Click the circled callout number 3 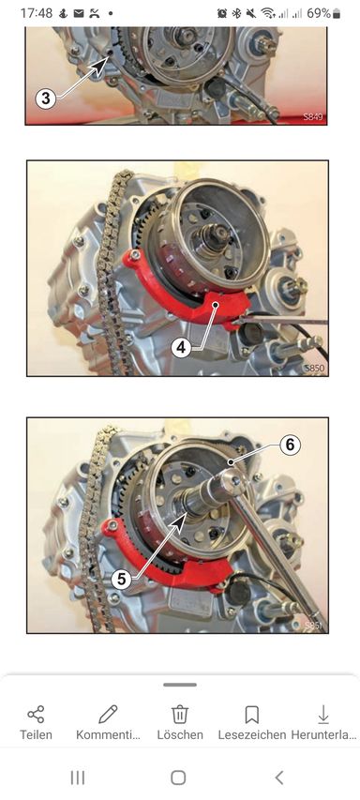[46, 98]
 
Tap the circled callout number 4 [181, 348]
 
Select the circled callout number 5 [121, 579]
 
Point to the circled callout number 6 [290, 445]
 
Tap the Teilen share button [36, 715]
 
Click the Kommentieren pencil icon [108, 715]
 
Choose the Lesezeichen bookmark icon [252, 715]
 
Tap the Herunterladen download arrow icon [323, 715]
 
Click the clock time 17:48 [37, 13]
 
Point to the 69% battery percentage [319, 13]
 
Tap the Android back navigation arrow [279, 777]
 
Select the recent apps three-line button [78, 777]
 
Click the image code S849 [312, 117]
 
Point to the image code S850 [314, 368]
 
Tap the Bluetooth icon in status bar [236, 14]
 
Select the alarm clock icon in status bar [222, 14]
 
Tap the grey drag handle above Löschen [180, 685]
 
